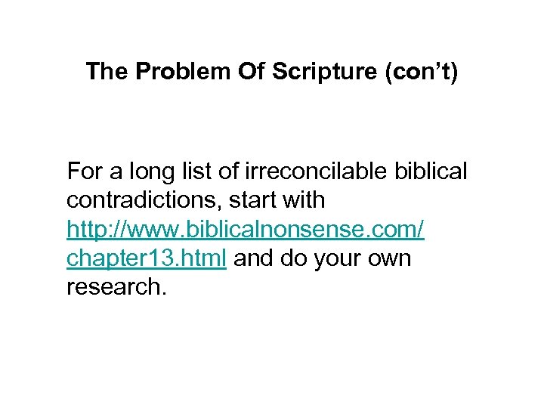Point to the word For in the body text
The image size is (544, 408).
[x=84, y=172]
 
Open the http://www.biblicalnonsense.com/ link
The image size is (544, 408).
[x=246, y=230]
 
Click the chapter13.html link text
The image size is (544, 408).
[x=147, y=258]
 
